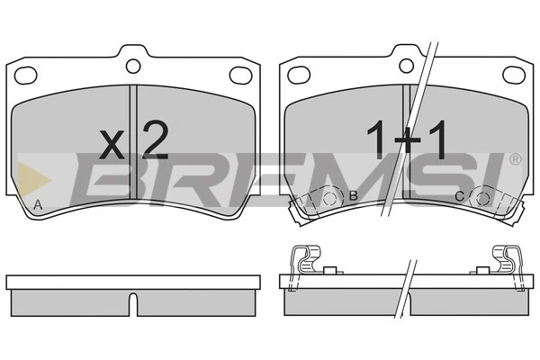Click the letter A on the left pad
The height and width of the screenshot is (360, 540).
pos(37,207)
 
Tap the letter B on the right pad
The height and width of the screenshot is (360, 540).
pos(354,196)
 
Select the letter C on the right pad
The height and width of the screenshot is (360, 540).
pos(459,196)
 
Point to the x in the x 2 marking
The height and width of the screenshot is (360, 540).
pos(112,144)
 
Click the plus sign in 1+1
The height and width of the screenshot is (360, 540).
pos(407,141)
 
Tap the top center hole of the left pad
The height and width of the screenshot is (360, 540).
pos(133,65)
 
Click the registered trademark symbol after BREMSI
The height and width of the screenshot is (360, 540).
pos(515,159)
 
